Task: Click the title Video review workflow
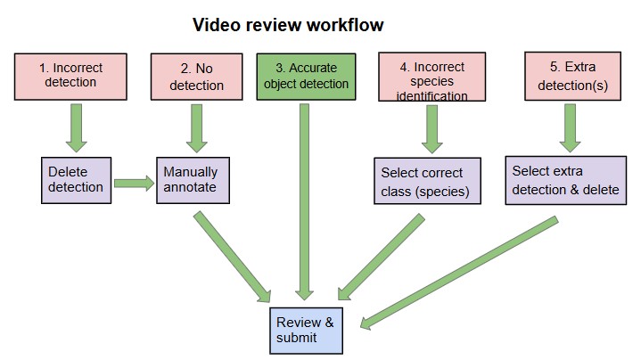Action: point(289,24)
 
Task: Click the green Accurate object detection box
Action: point(306,78)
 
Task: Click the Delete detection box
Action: point(76,179)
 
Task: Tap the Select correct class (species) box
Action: point(428,182)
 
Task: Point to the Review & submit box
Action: point(305,329)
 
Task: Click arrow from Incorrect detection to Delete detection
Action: point(76,129)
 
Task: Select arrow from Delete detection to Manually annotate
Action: point(134,184)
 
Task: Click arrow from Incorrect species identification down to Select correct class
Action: point(431,130)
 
